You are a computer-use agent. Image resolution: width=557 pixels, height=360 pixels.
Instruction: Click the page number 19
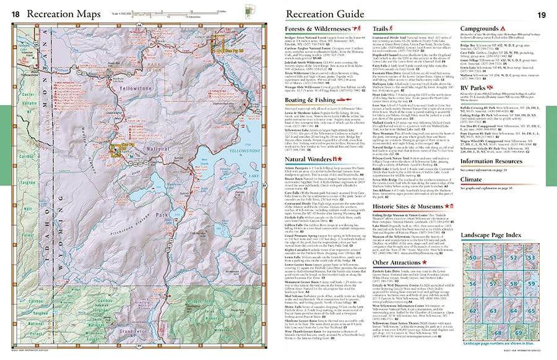click(543, 14)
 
